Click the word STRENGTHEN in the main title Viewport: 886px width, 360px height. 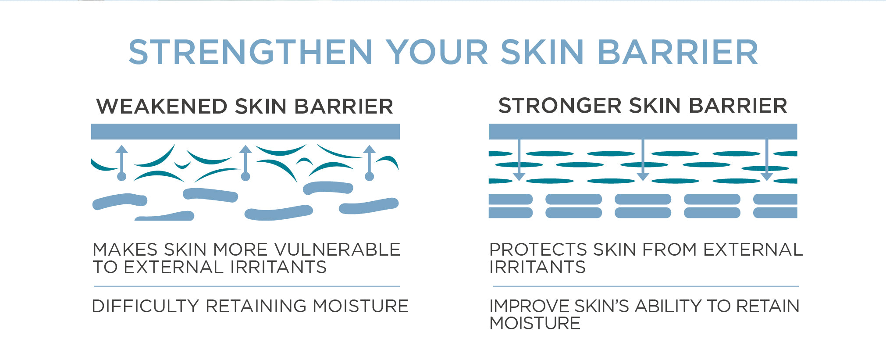pos(250,52)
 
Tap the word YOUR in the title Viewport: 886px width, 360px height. pos(437,52)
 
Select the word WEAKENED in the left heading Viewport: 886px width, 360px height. pos(162,107)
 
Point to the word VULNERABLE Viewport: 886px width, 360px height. pos(338,250)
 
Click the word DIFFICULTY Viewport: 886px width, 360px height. pos(146,306)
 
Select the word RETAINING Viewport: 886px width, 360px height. pos(256,306)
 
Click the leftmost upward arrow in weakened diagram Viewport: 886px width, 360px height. pos(122,163)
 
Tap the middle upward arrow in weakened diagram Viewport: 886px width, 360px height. pos(246,163)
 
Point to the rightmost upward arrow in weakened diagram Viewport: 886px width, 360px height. pos(370,163)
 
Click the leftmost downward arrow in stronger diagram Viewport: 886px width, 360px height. pos(519,160)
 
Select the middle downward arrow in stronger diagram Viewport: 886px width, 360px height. pos(643,160)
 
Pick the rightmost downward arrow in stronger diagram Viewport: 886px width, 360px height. pos(767,160)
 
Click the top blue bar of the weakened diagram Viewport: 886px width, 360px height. pos(246,132)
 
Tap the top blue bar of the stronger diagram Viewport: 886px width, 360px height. pos(643,132)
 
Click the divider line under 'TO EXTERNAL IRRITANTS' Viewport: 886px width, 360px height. pos(247,286)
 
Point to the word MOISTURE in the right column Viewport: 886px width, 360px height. pos(535,324)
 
